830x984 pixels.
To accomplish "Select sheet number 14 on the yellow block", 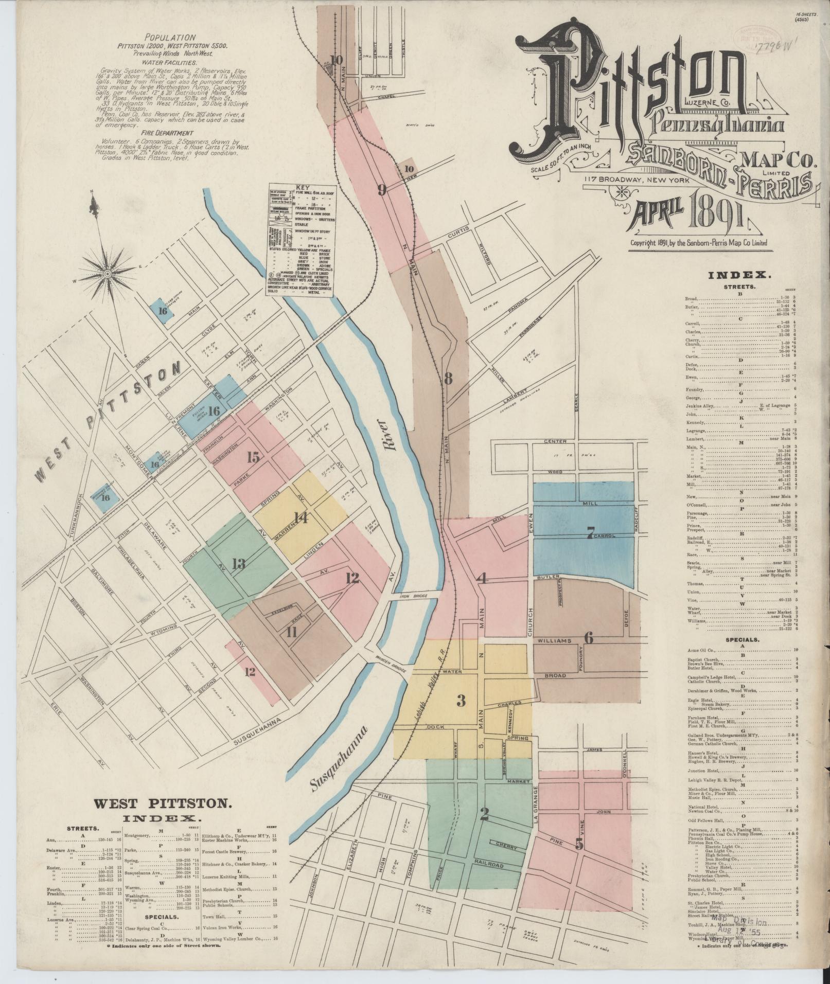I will click(301, 518).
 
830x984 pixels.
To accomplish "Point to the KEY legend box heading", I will click(301, 187).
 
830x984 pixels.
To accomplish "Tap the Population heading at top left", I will click(170, 37).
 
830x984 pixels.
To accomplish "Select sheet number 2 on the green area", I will click(484, 814).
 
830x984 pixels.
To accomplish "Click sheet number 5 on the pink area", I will click(579, 844).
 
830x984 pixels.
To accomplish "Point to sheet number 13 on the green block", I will click(238, 564).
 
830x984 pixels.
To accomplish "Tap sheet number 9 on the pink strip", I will click(382, 190).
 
